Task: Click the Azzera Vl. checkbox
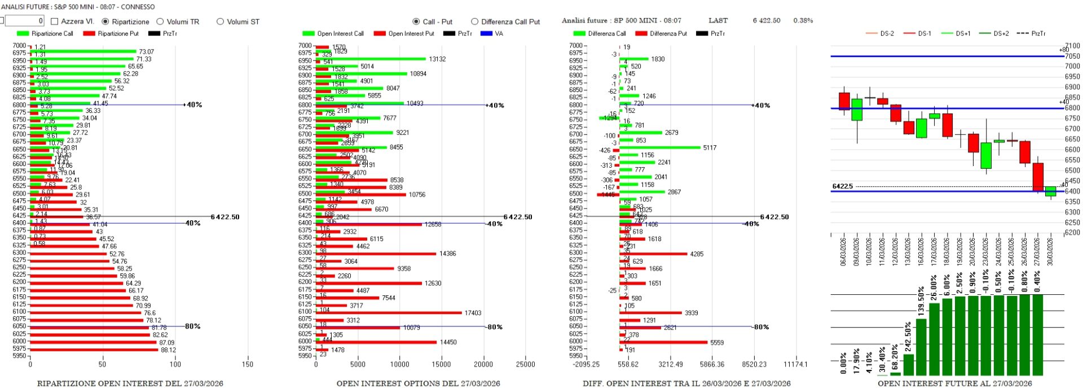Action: click(x=55, y=21)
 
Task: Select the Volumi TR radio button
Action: click(x=160, y=21)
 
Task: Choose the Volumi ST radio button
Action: click(x=220, y=21)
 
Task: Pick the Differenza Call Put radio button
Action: click(x=474, y=21)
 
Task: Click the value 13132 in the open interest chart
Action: click(x=437, y=59)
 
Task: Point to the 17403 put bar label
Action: click(x=473, y=313)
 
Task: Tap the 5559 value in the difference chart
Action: click(x=717, y=343)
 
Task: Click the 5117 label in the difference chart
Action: click(x=710, y=148)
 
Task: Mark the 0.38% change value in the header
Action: click(x=803, y=20)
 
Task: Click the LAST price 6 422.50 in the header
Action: click(x=767, y=20)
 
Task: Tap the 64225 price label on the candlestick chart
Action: click(x=843, y=186)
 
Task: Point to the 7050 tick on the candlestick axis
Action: click(x=1072, y=56)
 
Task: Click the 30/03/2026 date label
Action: click(x=1050, y=251)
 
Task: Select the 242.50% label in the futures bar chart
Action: click(x=908, y=337)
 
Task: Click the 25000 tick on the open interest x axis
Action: click(x=525, y=364)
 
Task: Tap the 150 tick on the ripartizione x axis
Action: click(x=248, y=364)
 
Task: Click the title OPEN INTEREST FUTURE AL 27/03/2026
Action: click(x=954, y=383)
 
